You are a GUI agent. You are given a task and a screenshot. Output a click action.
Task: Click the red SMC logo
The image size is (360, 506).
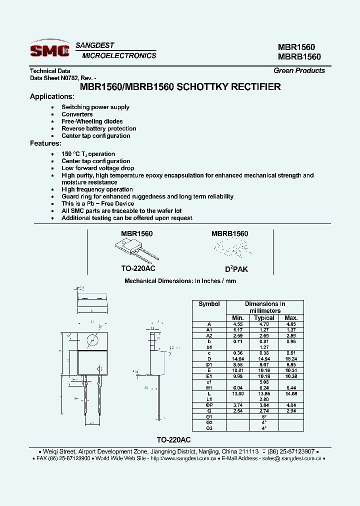(x=49, y=50)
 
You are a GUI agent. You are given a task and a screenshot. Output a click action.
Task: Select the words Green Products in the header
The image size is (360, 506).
(x=299, y=70)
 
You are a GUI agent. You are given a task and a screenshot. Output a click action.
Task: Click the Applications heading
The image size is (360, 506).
(x=52, y=96)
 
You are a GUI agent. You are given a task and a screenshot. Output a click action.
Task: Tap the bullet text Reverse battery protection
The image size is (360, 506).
(x=98, y=128)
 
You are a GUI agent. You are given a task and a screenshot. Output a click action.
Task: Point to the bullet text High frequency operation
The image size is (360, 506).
(x=97, y=189)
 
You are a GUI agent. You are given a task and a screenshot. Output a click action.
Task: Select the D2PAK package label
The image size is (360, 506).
(x=236, y=269)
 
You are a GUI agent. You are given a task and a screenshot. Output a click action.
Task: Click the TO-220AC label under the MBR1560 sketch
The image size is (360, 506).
(x=138, y=268)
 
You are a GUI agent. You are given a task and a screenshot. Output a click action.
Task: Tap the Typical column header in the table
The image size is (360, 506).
(x=264, y=317)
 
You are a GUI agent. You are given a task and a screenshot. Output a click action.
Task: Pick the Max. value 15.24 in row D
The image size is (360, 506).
(x=290, y=359)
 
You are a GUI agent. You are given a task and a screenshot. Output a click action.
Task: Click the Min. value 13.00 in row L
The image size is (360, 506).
(x=238, y=394)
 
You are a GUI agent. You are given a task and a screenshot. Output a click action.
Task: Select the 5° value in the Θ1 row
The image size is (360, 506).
(x=264, y=416)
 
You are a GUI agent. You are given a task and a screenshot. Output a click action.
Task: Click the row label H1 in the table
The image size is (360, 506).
(x=209, y=388)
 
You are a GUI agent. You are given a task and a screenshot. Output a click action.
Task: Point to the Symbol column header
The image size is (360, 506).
(x=209, y=303)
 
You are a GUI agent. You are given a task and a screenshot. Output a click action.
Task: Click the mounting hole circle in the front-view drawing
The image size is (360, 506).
(x=92, y=341)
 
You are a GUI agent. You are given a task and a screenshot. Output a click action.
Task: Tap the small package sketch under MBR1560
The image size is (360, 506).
(x=132, y=248)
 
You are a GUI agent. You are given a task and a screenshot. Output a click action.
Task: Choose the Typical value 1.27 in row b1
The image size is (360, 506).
(x=264, y=347)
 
